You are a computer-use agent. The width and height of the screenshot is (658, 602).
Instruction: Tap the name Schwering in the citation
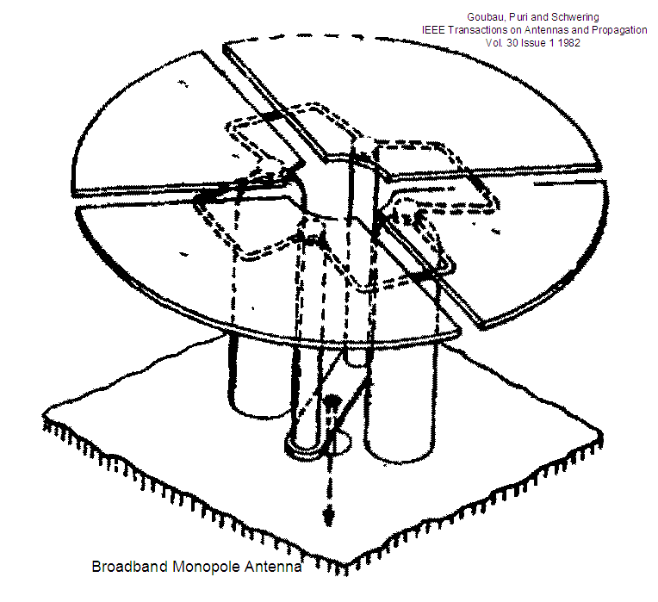575,17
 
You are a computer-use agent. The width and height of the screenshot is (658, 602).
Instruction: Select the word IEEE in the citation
433,30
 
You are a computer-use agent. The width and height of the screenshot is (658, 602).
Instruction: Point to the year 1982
569,43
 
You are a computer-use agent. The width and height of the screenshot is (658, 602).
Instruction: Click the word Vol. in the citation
494,43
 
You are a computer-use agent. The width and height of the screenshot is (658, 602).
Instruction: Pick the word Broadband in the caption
130,567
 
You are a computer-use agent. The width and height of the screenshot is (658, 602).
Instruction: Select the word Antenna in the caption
273,567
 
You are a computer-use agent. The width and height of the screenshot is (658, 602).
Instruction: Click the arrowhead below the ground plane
329,515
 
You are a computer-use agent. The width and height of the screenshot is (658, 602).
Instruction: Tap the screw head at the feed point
332,400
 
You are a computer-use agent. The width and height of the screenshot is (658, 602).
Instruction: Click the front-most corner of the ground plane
346,565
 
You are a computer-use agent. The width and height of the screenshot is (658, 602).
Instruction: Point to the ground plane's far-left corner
44,413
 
